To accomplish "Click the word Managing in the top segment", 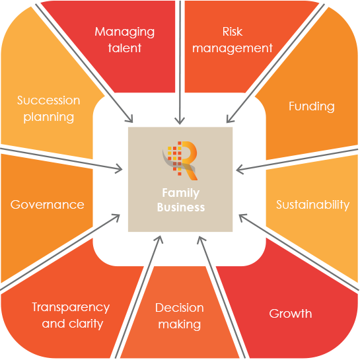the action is point(124,32).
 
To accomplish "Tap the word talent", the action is point(125,48).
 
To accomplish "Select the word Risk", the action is point(233,32).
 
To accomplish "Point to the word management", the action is point(233,49).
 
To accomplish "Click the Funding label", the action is point(312,107).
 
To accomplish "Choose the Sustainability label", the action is point(312,205).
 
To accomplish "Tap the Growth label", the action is point(291,313).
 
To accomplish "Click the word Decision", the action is point(179,308).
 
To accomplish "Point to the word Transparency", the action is point(71,308).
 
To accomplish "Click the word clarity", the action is point(86,324).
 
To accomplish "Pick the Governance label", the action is point(48,205).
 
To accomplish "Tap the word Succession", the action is point(49,100).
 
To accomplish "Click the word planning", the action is point(49,118).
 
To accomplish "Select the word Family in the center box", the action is point(181,194).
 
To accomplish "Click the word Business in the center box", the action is point(181,207).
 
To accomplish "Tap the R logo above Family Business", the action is point(180,161).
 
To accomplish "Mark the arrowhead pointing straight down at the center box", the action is point(180,120).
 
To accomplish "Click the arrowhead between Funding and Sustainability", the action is point(240,170).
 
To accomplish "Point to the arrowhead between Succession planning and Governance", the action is point(119,169).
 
